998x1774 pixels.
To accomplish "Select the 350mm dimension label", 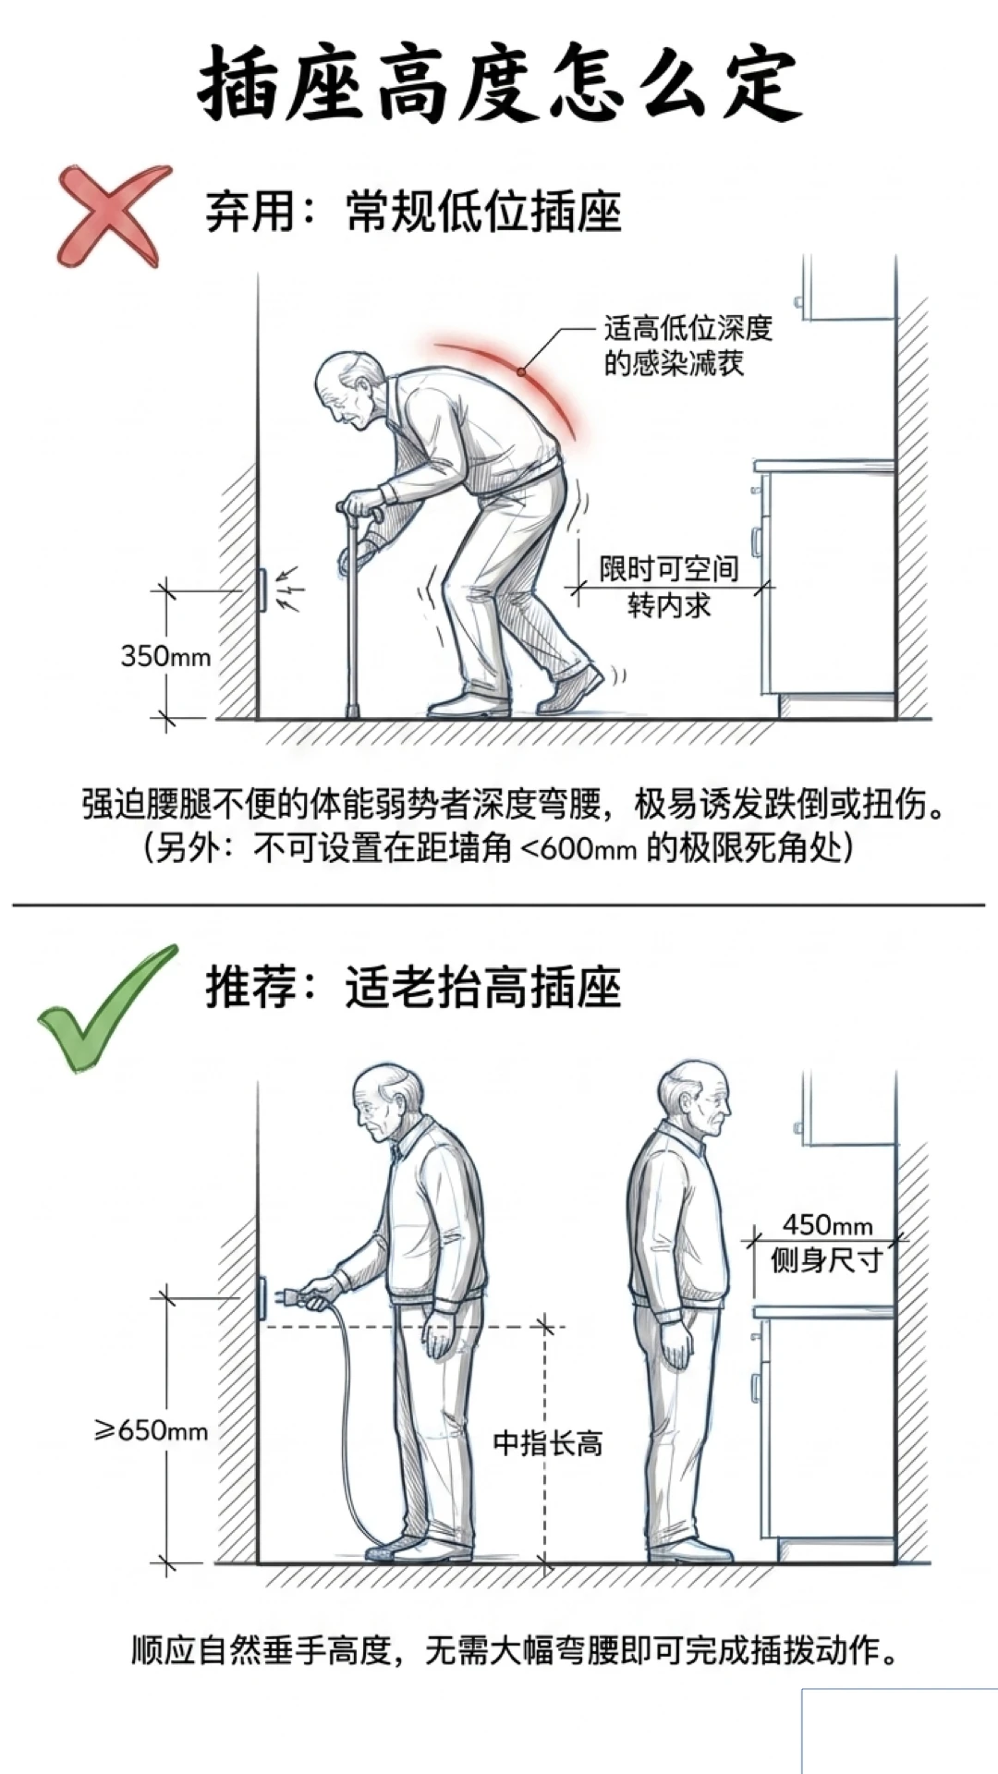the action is (165, 656).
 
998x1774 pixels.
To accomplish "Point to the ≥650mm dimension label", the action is (151, 1430).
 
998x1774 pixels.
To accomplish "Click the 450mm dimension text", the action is (827, 1225).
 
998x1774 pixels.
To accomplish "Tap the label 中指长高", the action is (548, 1442).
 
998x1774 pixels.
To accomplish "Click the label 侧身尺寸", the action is (827, 1259).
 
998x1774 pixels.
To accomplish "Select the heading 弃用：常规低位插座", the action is (413, 212).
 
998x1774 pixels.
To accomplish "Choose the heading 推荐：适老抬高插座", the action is (413, 988).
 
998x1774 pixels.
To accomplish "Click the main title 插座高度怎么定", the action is (499, 82).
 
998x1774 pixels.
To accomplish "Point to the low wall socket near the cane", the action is (262, 589).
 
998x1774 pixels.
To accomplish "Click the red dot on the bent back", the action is (521, 372).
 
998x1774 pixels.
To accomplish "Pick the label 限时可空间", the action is (669, 568).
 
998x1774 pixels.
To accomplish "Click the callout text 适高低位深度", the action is (688, 328).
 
